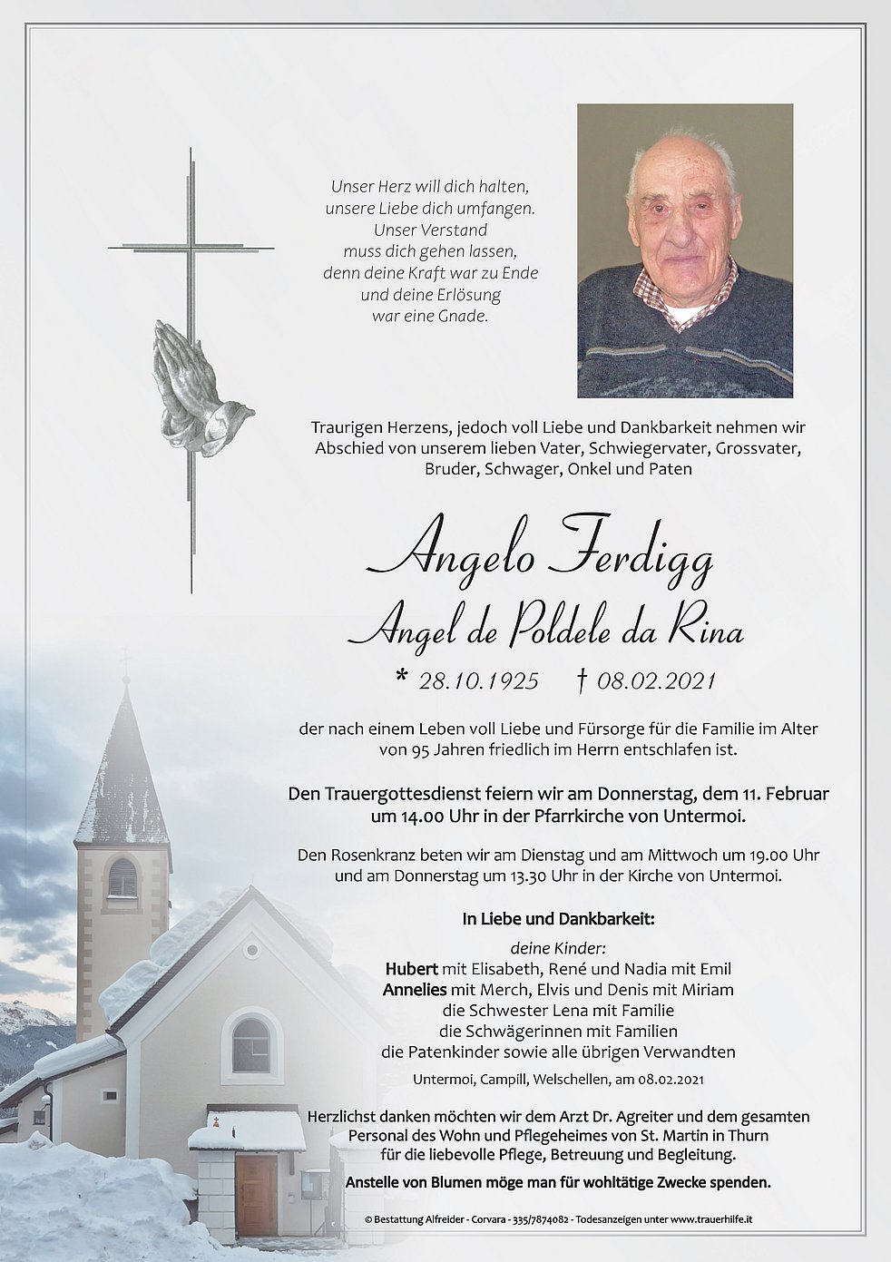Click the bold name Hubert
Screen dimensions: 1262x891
[411, 968]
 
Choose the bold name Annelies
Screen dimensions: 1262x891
[413, 989]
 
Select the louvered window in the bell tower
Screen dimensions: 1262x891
[122, 878]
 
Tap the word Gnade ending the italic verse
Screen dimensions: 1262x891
[466, 317]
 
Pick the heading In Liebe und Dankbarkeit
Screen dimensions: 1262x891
[557, 919]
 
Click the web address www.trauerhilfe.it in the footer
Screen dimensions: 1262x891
[702, 1221]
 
